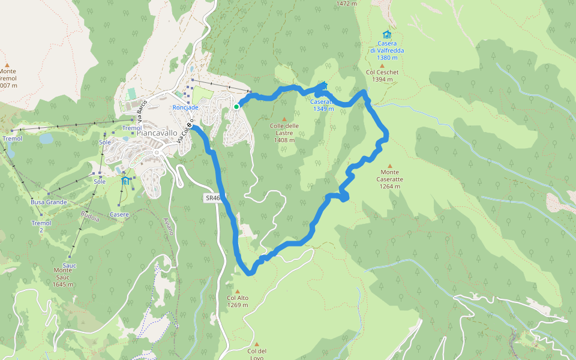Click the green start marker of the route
pyautogui.click(x=236, y=107)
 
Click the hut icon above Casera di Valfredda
pyautogui.click(x=386, y=34)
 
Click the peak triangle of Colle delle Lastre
pyautogui.click(x=284, y=119)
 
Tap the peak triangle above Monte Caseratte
pyautogui.click(x=389, y=166)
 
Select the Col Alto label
pyautogui.click(x=238, y=298)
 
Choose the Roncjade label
pyautogui.click(x=185, y=107)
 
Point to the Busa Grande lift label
pyautogui.click(x=49, y=202)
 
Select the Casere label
pyautogui.click(x=119, y=214)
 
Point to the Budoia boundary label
pyautogui.click(x=90, y=216)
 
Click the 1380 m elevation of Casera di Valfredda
pyautogui.click(x=388, y=58)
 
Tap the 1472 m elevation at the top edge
pyautogui.click(x=347, y=3)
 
